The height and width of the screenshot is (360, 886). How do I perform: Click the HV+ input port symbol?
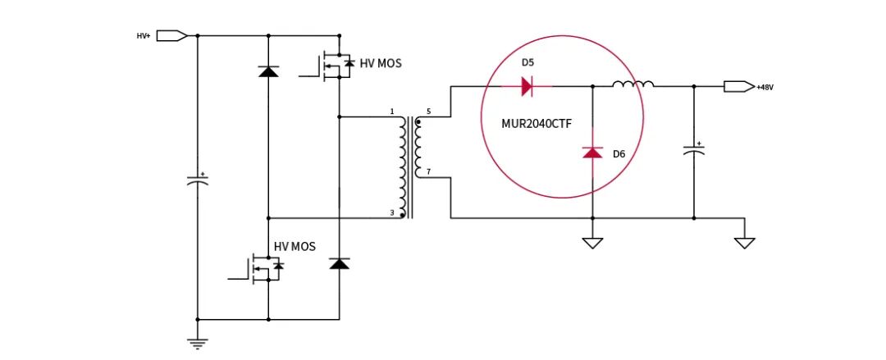pos(171,35)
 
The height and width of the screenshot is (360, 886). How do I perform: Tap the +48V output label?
pos(765,87)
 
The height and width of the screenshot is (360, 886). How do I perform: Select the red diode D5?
pos(527,86)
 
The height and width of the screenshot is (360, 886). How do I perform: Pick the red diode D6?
pos(592,152)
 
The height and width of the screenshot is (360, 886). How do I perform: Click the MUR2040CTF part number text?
pos(537,124)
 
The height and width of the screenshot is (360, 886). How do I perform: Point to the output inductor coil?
pos(633,84)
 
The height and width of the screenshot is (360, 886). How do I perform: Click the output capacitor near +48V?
pos(694,150)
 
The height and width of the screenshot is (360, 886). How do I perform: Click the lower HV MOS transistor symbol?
pos(261,267)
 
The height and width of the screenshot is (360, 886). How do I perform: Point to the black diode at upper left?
pos(267,72)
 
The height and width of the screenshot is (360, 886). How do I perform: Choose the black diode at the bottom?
pos(340,262)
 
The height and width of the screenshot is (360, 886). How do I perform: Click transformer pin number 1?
pos(391,112)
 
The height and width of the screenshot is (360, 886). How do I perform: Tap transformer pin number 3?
pos(391,212)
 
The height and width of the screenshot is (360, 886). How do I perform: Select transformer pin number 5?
pos(428,112)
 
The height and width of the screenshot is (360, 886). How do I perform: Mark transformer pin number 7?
pos(428,172)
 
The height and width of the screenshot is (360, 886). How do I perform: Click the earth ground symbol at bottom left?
pos(198,343)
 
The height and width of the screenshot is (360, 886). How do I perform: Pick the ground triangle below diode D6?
pos(592,243)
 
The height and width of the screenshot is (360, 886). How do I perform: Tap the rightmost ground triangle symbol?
pos(745,243)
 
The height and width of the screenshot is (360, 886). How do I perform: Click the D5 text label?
pos(527,62)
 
